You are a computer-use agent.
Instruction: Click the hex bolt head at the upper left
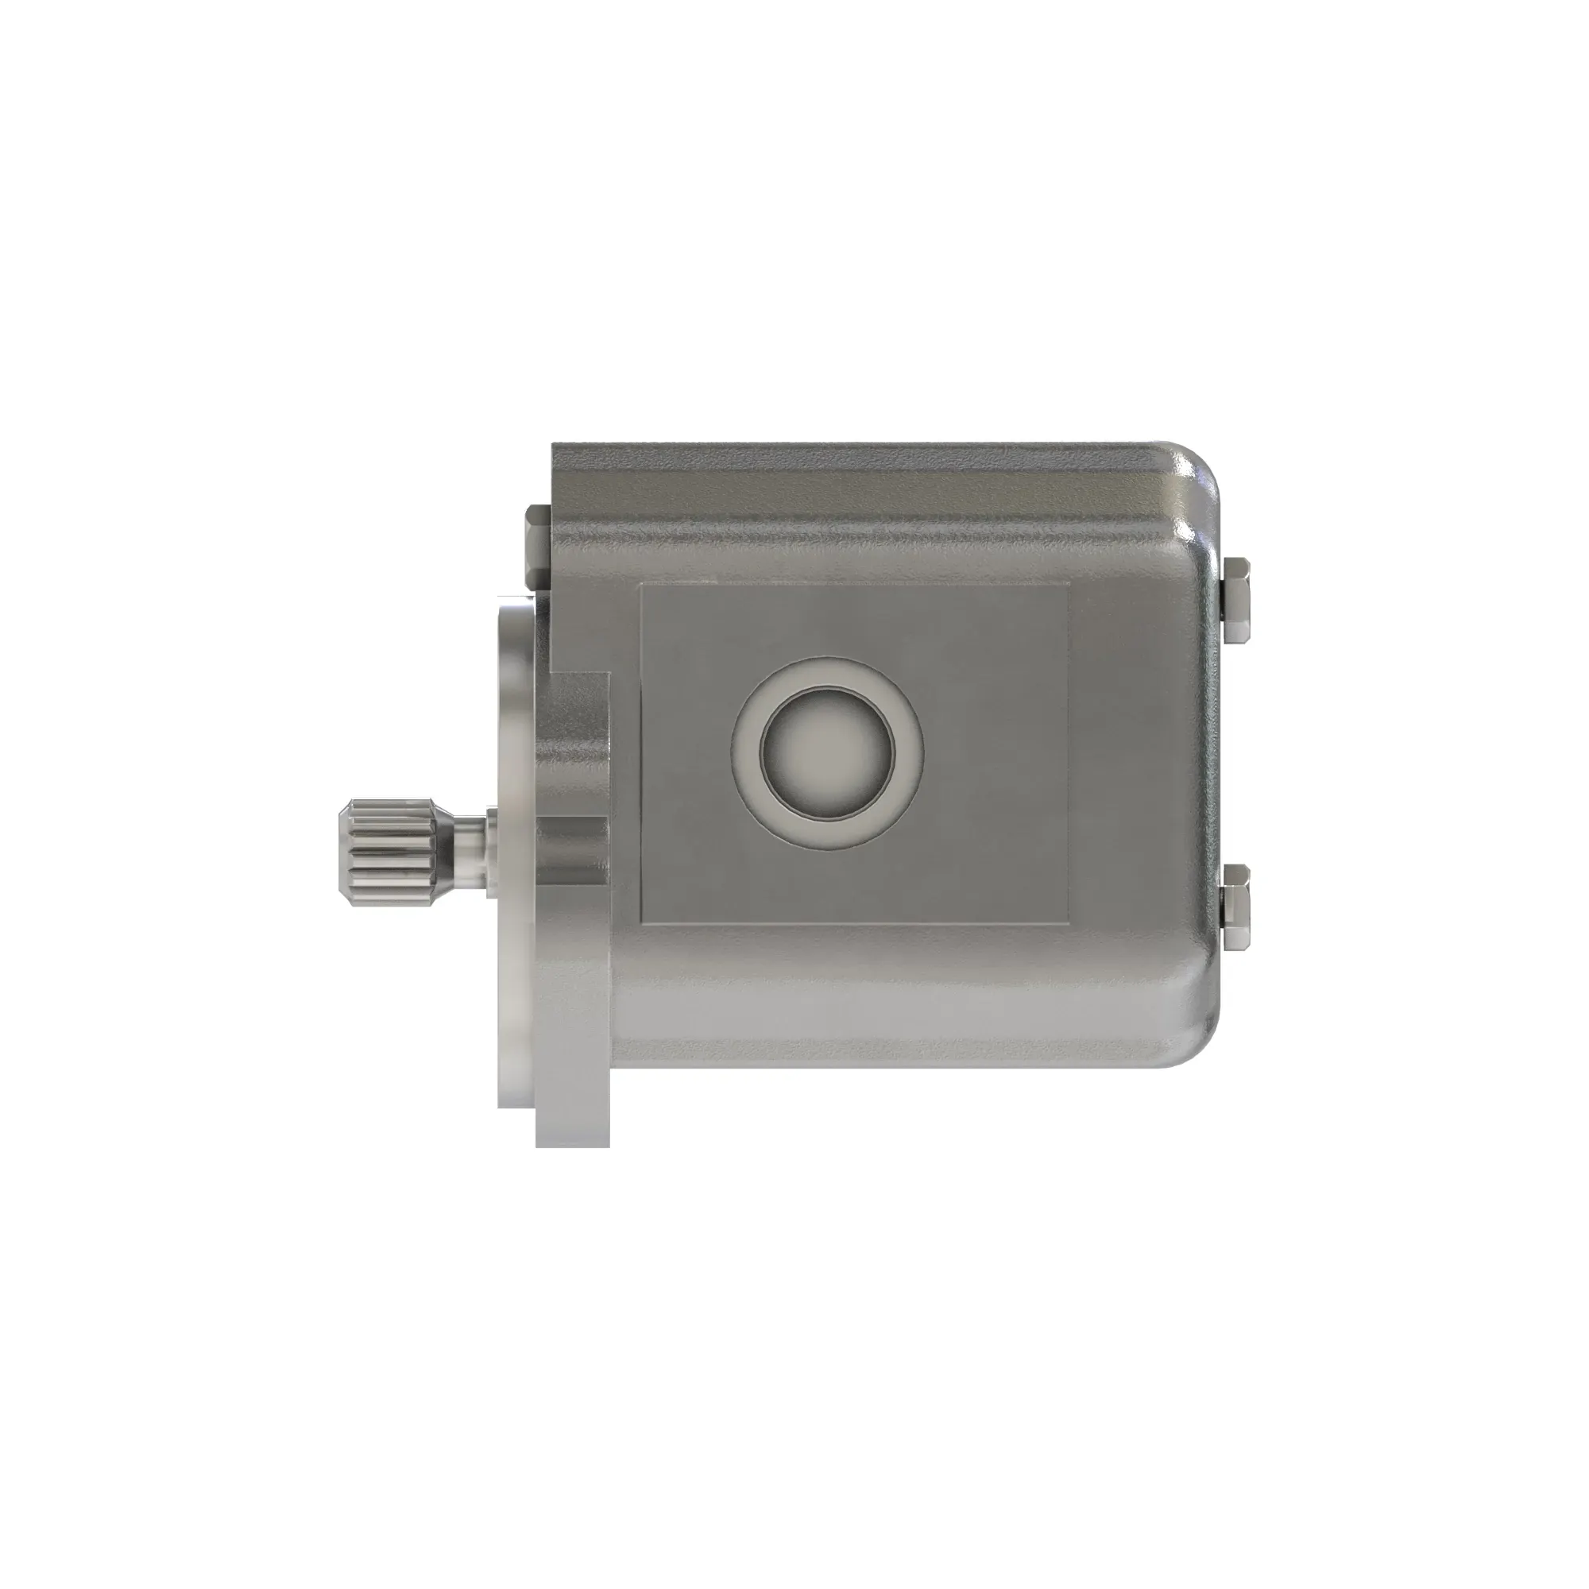coord(535,543)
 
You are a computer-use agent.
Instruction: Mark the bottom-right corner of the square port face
coord(1067,922)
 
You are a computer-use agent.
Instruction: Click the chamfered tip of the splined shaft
coord(344,852)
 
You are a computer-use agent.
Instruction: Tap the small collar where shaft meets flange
coord(490,851)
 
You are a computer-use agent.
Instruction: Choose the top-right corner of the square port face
coord(1067,586)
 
